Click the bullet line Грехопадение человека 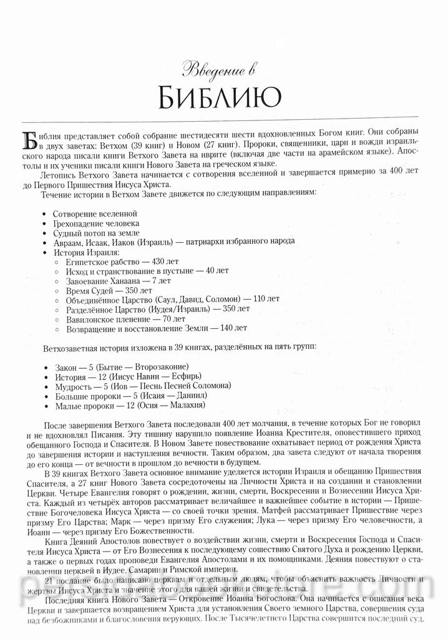95,223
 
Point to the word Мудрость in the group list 71,386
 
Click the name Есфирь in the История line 191,377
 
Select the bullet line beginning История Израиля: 85,252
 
